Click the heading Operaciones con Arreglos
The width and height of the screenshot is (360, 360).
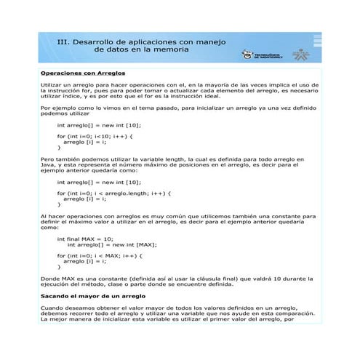[84, 73]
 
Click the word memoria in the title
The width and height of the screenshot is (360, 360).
[175, 52]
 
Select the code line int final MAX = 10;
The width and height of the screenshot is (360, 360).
[85, 239]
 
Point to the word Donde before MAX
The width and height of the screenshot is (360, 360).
[49, 279]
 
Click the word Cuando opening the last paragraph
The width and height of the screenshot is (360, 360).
[51, 308]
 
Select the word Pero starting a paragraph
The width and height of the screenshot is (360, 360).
[47, 159]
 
